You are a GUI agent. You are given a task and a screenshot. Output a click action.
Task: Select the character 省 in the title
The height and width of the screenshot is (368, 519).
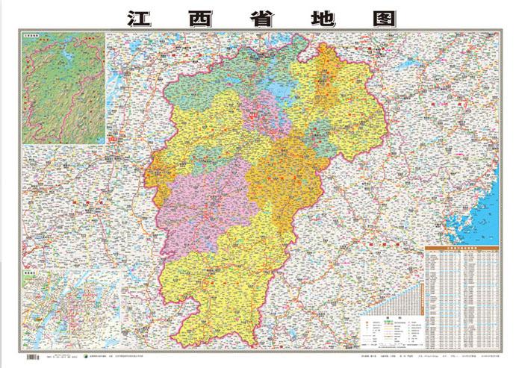[x=259, y=16]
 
